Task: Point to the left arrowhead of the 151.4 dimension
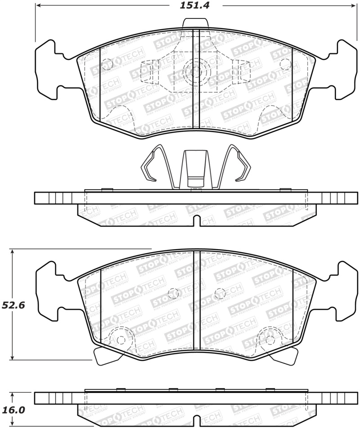point(38,6)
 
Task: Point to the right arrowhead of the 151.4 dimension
point(352,6)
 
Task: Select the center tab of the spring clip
point(194,169)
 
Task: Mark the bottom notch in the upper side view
point(195,221)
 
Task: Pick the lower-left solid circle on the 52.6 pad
point(120,340)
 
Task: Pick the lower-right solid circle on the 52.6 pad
point(269,340)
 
